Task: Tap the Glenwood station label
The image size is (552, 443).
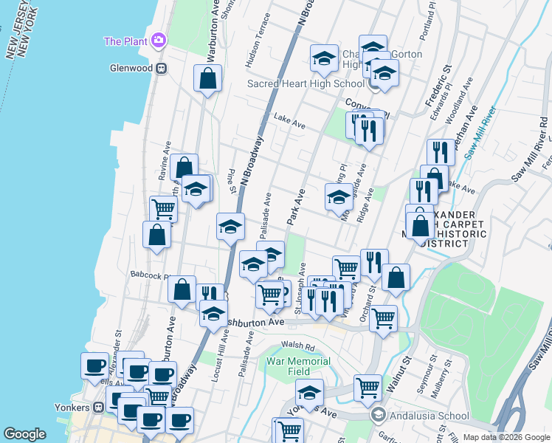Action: pyautogui.click(x=131, y=68)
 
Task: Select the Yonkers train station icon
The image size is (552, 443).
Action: pyautogui.click(x=97, y=408)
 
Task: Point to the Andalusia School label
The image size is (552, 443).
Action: pyautogui.click(x=420, y=415)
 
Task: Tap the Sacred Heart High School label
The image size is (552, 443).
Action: pyautogui.click(x=306, y=83)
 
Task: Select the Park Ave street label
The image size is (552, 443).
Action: pyautogui.click(x=295, y=207)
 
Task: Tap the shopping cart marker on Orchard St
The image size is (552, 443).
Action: pyautogui.click(x=382, y=318)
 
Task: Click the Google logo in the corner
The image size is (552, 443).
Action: pyautogui.click(x=25, y=434)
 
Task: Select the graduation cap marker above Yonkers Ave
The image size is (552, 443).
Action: pyautogui.click(x=309, y=391)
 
